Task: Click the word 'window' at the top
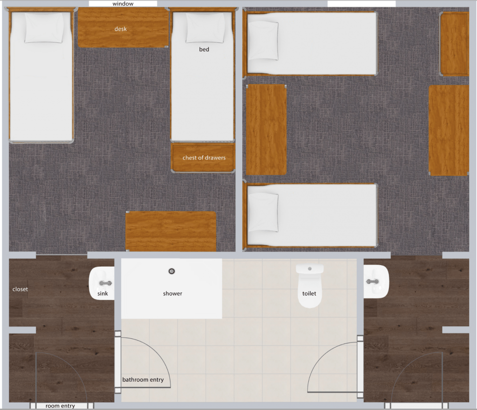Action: tap(123, 4)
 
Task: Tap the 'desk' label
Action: tap(121, 29)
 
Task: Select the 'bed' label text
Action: tap(204, 49)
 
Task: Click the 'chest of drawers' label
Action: tap(204, 158)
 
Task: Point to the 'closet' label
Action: tap(20, 289)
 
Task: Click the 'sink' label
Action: tap(102, 294)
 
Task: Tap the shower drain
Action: tap(171, 271)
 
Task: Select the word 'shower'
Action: tap(172, 294)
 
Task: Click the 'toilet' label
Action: tap(309, 294)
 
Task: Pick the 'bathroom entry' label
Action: tap(143, 380)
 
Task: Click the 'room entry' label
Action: tap(60, 406)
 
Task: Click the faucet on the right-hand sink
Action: tap(373, 282)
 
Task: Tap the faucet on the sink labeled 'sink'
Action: tap(106, 283)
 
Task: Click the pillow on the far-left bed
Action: tap(44, 27)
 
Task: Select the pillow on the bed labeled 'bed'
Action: tap(205, 27)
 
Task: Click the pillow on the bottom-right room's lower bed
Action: tap(263, 213)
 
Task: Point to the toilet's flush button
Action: tap(310, 269)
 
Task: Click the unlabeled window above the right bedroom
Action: tap(361, 4)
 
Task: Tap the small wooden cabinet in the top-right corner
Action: tap(455, 44)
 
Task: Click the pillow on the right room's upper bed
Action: tap(263, 41)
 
